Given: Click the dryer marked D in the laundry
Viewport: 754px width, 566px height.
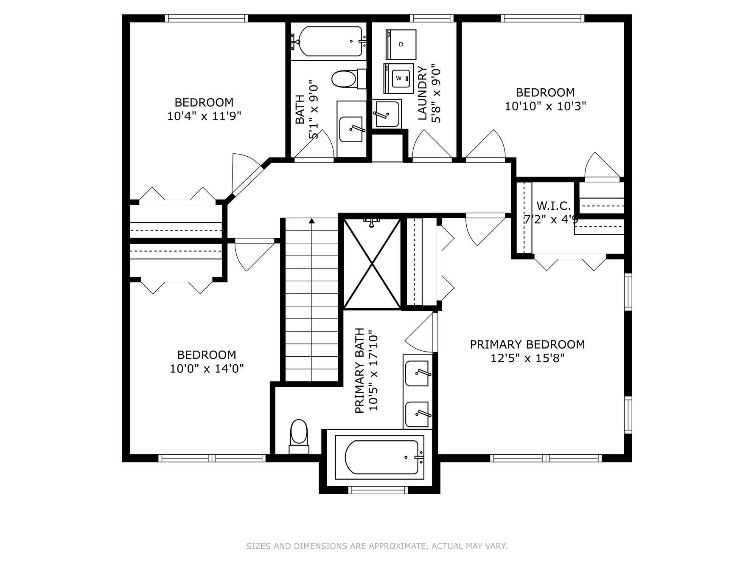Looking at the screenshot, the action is pos(401,45).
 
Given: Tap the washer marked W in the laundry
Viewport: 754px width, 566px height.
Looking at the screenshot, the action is pos(398,79).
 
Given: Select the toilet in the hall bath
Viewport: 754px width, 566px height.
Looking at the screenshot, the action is pos(348,79).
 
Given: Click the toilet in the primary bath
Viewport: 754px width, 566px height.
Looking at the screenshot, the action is pos(299,437).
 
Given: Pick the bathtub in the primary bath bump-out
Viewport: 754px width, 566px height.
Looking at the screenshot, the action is pos(380,457).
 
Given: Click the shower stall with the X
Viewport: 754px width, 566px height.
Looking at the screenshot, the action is pos(372,264).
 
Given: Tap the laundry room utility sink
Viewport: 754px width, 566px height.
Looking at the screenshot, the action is pos(387,114).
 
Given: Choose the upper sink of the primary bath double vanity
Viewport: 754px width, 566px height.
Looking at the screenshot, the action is pos(417,373).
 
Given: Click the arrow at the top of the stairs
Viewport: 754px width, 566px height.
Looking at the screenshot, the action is pos(312,220).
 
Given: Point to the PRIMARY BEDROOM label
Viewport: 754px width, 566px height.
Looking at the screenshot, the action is pos(527,344).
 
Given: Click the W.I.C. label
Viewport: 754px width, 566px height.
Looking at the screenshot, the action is pos(554,206).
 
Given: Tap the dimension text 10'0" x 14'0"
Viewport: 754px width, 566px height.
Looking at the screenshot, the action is pos(207,368).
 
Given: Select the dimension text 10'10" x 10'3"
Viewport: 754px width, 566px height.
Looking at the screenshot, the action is pos(545,106).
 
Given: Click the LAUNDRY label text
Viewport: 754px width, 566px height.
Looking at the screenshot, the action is pos(423,93).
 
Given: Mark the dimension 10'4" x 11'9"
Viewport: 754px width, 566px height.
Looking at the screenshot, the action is pos(204,116).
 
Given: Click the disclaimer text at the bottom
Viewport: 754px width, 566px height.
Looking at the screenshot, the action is pos(377,546).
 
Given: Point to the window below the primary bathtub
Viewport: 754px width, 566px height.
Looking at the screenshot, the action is pos(378,490).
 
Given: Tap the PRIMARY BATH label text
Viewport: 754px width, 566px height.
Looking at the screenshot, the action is pos(359,371).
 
